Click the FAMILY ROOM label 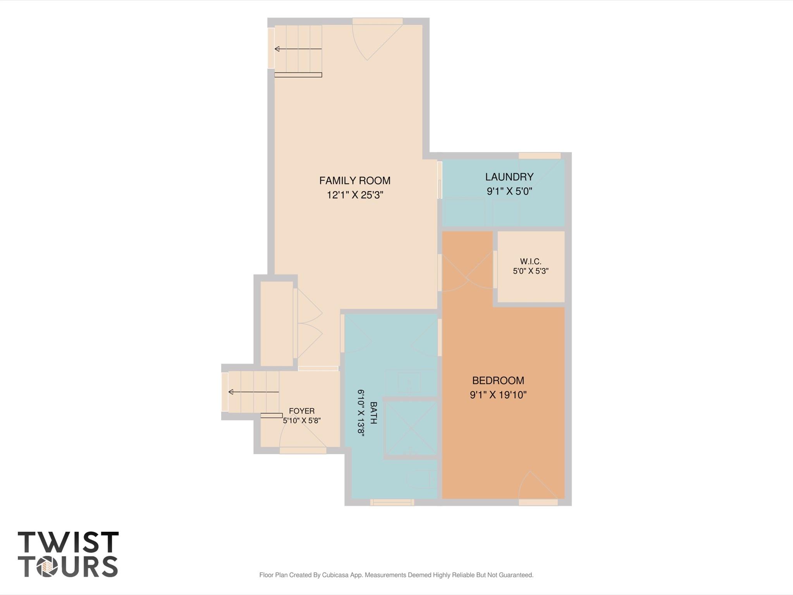354,181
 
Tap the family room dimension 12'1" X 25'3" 355,195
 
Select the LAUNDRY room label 509,177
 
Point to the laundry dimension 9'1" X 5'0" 509,191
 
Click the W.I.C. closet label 531,262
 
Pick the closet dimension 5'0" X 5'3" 531,271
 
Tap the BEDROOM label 498,381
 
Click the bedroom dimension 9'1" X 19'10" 498,395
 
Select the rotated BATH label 373,413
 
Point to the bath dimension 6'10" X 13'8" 361,413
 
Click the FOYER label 302,411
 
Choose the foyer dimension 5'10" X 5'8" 302,421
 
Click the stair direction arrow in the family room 298,49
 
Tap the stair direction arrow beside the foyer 254,392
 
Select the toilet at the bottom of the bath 421,479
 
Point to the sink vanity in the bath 411,383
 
